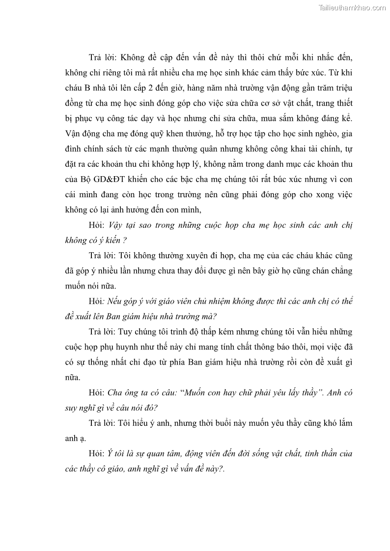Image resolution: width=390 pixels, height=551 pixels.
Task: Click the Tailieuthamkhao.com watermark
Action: tap(352, 7)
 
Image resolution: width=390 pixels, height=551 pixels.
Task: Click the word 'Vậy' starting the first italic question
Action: tap(115, 225)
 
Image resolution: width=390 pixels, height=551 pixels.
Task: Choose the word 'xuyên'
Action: tap(195, 256)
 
